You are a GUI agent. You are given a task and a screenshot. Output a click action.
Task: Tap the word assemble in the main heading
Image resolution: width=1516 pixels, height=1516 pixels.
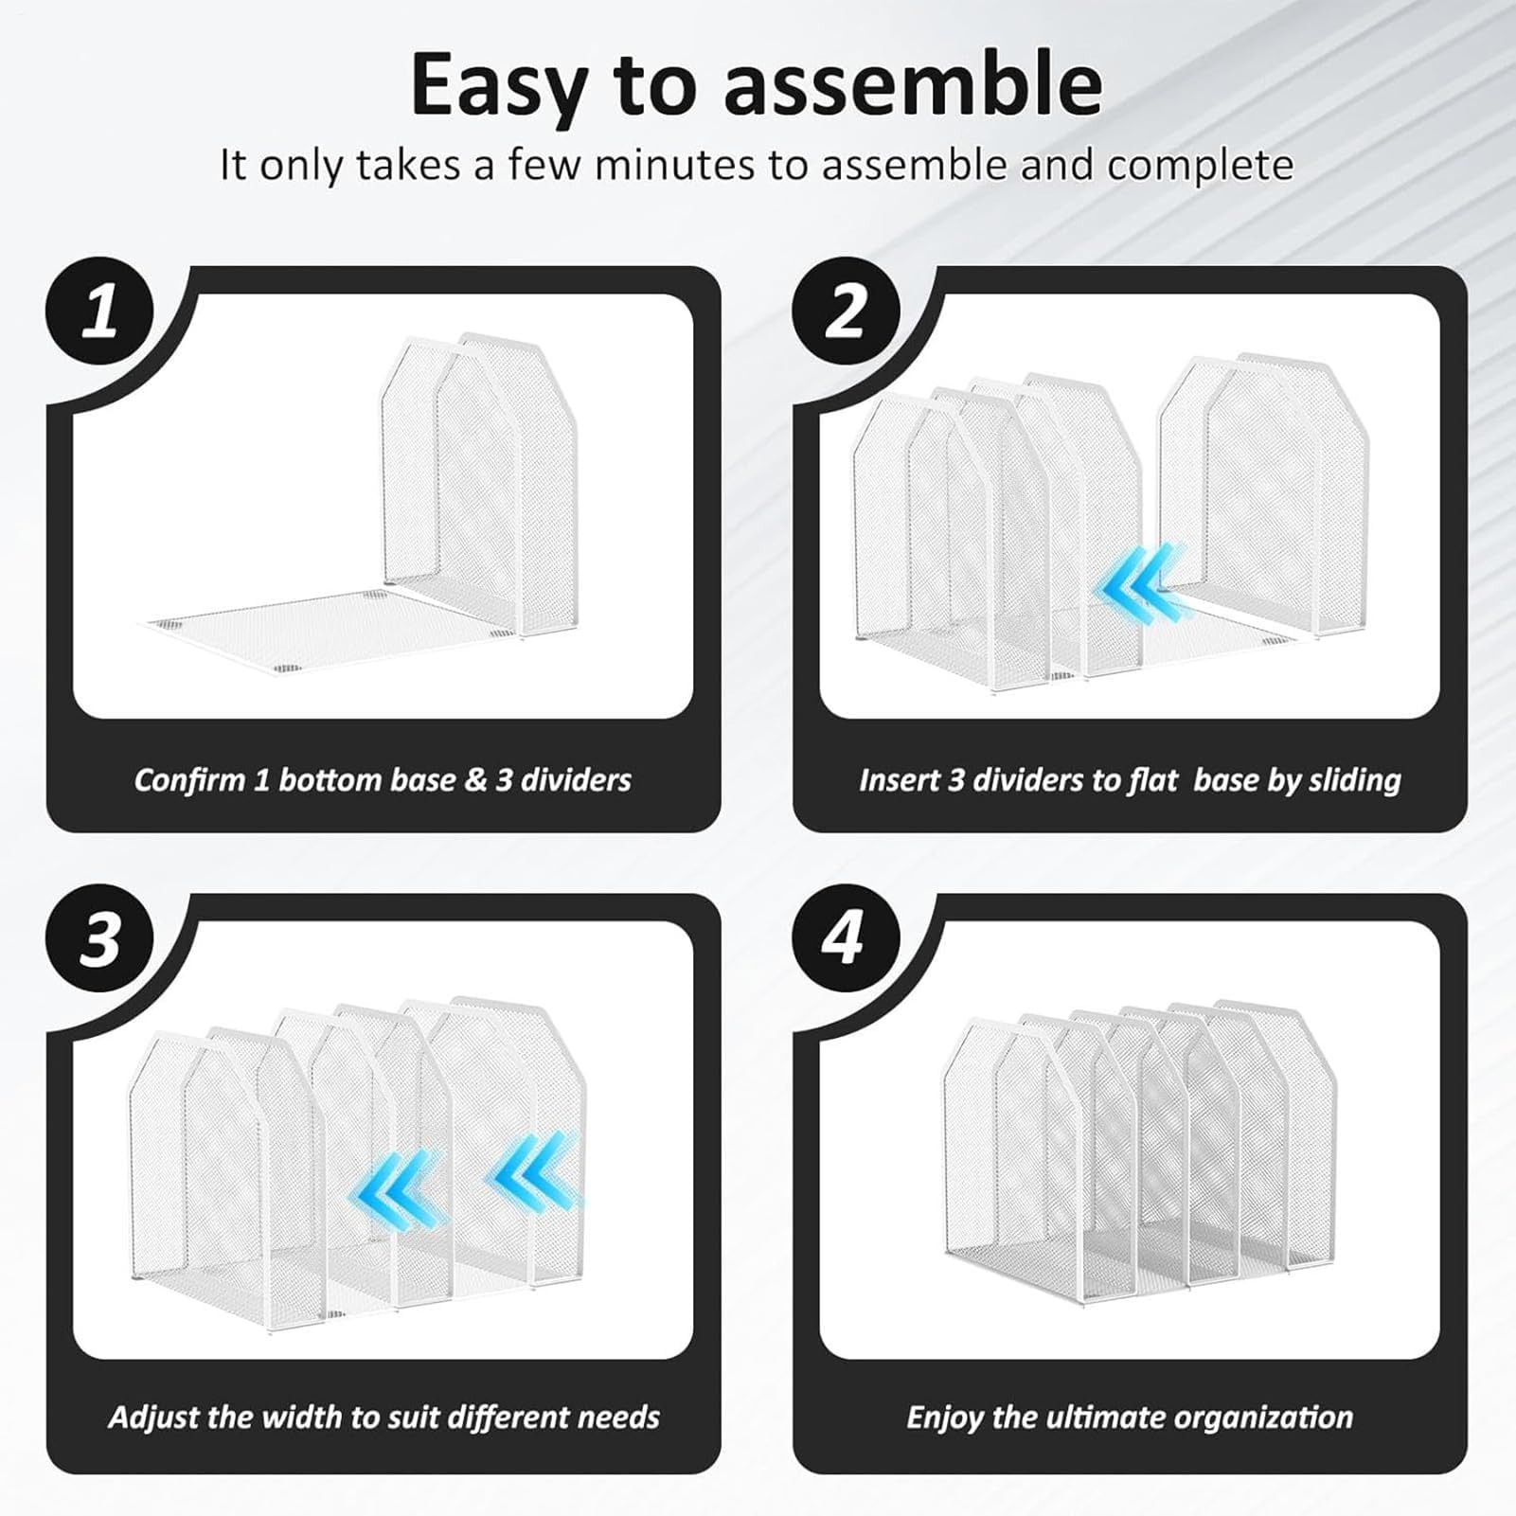point(913,84)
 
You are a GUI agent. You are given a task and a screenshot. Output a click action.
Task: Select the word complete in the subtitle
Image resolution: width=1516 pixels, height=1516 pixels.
point(1201,166)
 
